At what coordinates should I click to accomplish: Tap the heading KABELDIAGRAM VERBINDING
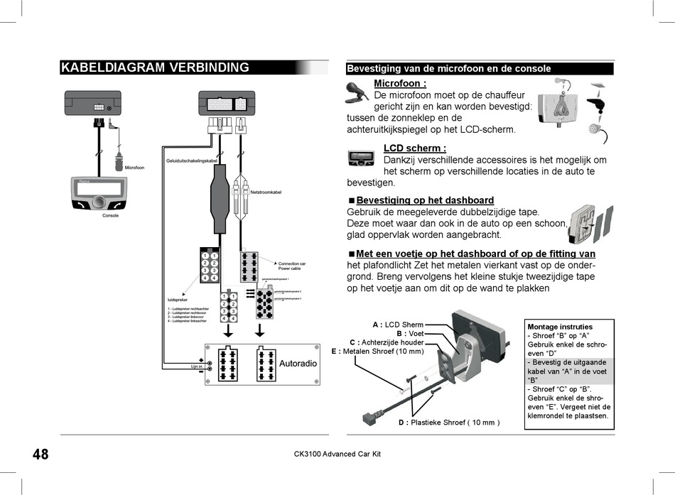coord(155,68)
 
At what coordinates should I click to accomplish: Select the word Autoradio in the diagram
coord(298,364)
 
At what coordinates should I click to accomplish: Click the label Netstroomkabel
coord(266,192)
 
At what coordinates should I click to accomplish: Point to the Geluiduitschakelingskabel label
coord(192,161)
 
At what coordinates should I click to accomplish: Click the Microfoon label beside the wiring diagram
coord(134,168)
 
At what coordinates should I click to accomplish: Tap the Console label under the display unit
coord(111,215)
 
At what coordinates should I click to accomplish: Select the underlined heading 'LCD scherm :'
coord(414,148)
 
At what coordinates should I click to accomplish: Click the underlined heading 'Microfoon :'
coord(400,84)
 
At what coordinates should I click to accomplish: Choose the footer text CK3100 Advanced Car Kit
coord(337,455)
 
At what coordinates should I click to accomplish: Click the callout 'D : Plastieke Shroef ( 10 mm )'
coord(449,423)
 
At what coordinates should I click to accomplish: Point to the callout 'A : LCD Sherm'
coord(398,325)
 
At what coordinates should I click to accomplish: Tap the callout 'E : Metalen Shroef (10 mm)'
coord(377,351)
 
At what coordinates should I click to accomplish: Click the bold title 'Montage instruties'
coord(560,327)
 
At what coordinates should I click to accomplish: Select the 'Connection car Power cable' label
coord(292,266)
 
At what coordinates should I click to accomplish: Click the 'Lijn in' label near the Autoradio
coord(196,366)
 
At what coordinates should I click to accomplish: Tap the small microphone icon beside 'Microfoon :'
coord(355,90)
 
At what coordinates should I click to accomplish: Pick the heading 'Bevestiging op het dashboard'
coord(424,201)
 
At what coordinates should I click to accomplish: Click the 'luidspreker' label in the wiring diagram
coord(178,300)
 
